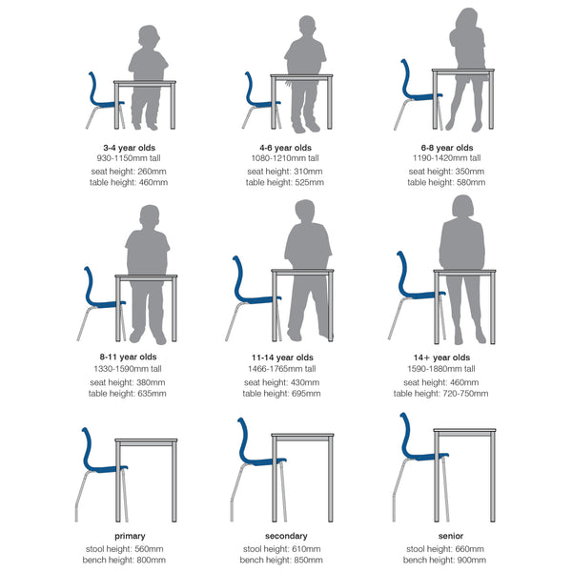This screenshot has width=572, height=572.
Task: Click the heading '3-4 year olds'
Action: [x=128, y=148]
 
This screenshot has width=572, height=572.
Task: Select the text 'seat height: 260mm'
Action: [x=128, y=171]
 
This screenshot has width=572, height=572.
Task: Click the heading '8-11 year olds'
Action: [x=128, y=357]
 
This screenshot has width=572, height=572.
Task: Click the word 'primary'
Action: [x=128, y=536]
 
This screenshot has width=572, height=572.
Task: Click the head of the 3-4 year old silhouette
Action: [x=149, y=37]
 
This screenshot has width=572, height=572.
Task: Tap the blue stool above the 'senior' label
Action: [x=418, y=448]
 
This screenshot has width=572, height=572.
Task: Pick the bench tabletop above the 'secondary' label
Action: [x=301, y=437]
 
